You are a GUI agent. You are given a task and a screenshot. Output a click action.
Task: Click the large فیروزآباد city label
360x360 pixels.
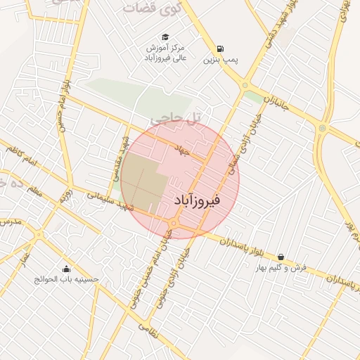(196, 201)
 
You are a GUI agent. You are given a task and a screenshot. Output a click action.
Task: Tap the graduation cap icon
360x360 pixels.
(165, 37)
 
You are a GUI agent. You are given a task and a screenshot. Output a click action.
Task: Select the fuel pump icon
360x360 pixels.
(221, 49)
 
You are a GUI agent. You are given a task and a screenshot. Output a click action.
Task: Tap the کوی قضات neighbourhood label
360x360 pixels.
(151, 8)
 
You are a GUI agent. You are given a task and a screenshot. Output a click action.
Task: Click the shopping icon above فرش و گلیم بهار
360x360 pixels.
(282, 257)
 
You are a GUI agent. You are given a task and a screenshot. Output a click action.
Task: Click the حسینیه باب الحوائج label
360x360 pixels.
(67, 279)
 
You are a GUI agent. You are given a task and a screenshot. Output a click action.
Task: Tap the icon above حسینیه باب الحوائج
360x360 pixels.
(67, 269)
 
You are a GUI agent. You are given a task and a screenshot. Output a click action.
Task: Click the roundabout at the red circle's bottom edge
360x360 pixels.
(173, 224)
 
